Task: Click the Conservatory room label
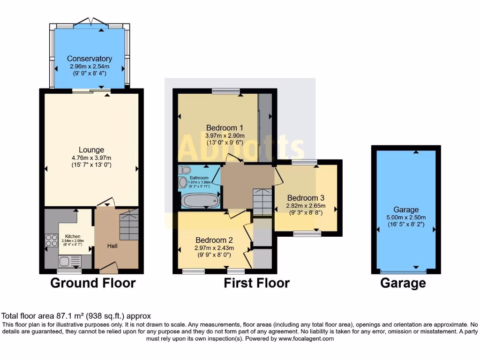tap(89, 59)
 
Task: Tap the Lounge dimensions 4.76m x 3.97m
tap(91, 157)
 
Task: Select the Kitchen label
tap(73, 236)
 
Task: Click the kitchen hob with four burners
tap(51, 240)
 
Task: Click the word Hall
tap(112, 246)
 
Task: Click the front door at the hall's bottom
tap(108, 268)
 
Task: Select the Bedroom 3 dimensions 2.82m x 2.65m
tap(306, 205)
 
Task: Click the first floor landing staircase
tap(262, 202)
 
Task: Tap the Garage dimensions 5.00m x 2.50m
tap(406, 218)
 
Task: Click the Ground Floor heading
tap(93, 283)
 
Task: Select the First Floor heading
tap(256, 283)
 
